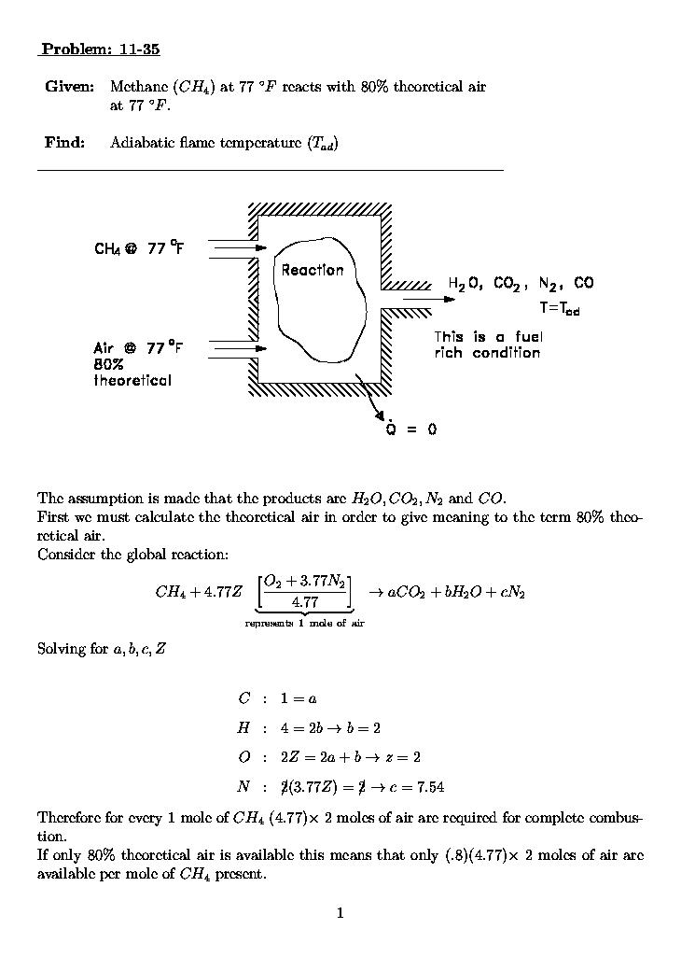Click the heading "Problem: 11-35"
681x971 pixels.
coord(94,49)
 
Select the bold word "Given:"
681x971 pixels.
coord(69,87)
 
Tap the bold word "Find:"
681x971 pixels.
coord(65,143)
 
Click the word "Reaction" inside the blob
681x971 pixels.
coord(313,270)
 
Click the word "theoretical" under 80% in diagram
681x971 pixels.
coord(132,381)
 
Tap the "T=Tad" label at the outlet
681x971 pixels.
coord(559,308)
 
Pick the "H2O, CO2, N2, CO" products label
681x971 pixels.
coord(520,283)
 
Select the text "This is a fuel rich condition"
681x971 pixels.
coord(488,345)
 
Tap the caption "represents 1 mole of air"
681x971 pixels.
coord(304,623)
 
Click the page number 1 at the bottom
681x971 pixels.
coord(340,913)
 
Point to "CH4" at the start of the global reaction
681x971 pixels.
coord(169,592)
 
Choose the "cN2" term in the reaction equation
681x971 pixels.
coord(511,592)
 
